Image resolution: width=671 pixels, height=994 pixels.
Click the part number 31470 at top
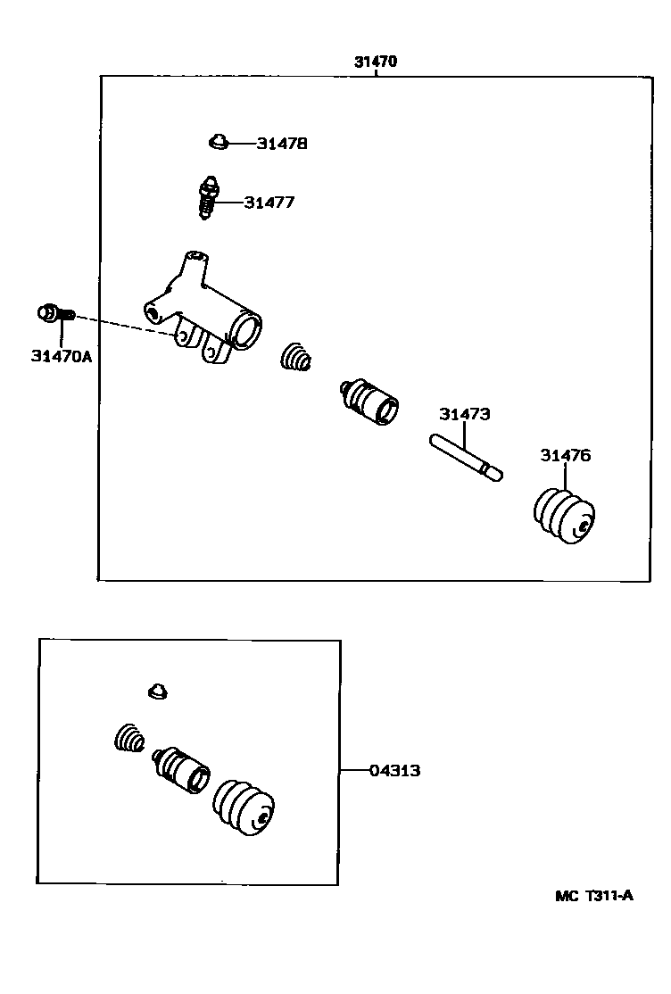coord(375,62)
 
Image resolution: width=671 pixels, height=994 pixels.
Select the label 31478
coord(282,143)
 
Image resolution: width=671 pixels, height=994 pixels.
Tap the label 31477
coord(269,203)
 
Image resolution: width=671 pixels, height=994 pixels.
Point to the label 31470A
coord(62,356)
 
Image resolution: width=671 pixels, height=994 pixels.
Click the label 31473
coord(464,414)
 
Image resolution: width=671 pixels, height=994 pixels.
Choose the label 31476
coord(565,456)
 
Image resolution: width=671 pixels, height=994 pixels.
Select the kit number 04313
coord(395,770)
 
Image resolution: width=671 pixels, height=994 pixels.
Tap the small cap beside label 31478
coord(218,141)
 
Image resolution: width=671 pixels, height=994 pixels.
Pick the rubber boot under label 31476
coord(564,516)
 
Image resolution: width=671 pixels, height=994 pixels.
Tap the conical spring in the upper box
coord(296,358)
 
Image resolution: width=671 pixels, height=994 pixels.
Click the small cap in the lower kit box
coord(158,691)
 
